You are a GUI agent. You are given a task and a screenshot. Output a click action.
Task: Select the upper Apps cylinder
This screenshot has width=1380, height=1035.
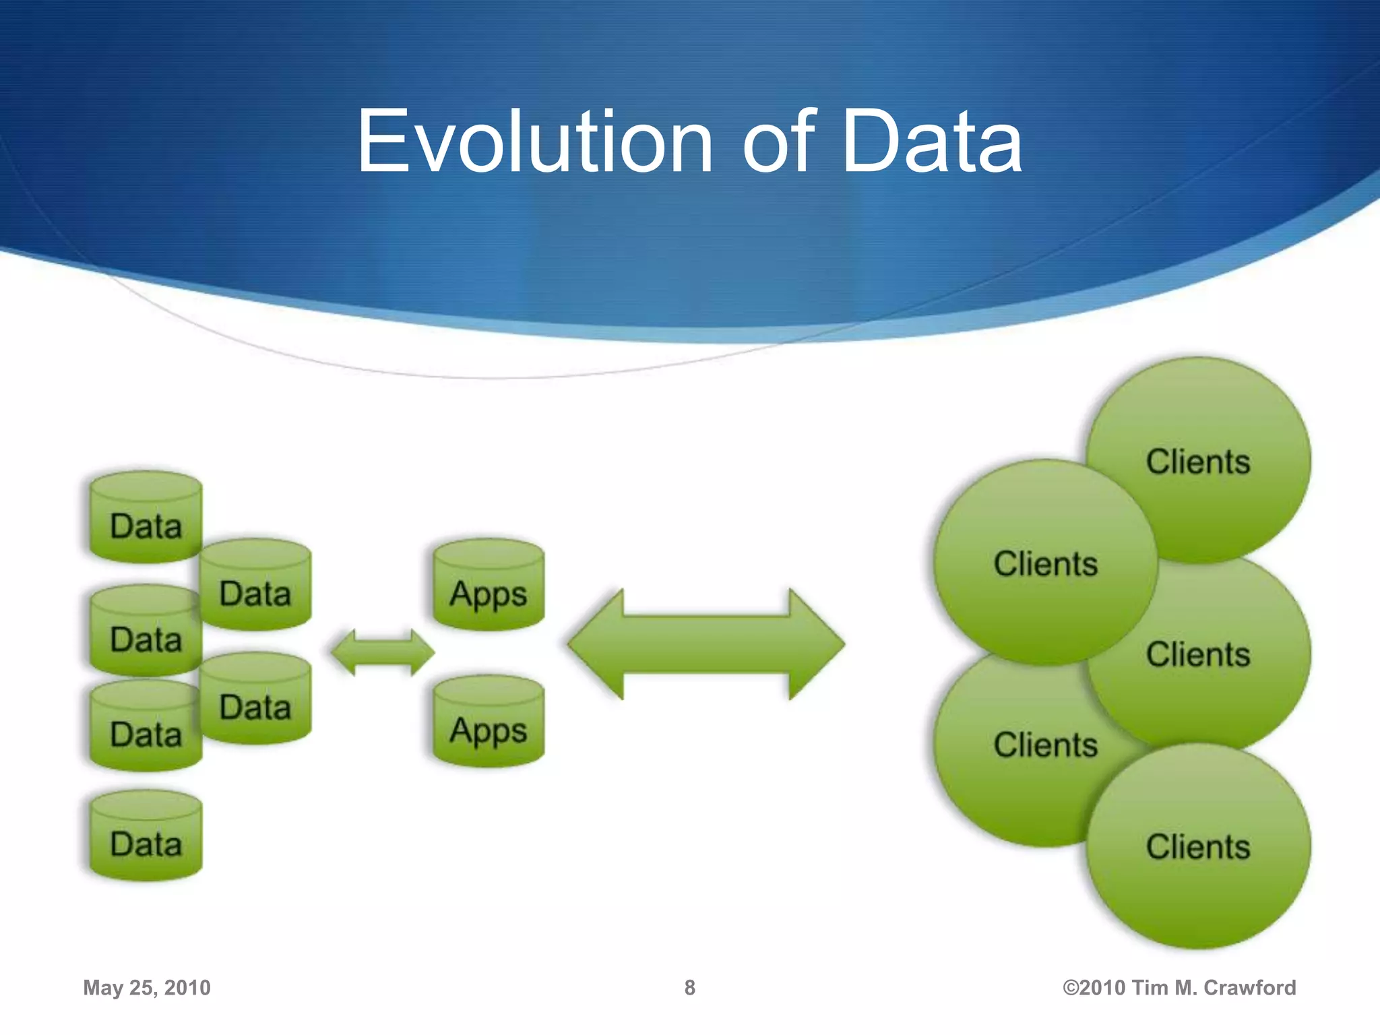click(x=489, y=585)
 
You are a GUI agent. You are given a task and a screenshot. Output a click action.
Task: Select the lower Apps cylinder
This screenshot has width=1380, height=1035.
click(x=489, y=722)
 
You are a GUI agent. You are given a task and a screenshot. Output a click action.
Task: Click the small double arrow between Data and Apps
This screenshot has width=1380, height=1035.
click(x=383, y=652)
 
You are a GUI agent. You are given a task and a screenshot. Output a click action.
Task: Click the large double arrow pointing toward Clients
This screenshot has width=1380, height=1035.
click(x=705, y=644)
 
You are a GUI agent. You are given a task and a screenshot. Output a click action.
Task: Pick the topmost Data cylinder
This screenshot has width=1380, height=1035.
click(x=146, y=517)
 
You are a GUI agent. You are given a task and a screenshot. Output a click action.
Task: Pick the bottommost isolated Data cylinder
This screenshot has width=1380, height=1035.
click(x=146, y=836)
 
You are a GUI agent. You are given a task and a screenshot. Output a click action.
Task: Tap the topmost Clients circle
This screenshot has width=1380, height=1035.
click(x=1198, y=461)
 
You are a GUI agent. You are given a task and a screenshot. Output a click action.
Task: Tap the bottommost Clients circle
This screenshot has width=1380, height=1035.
click(x=1198, y=847)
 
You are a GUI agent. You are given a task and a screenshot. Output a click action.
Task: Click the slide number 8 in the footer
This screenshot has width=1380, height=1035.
click(x=689, y=988)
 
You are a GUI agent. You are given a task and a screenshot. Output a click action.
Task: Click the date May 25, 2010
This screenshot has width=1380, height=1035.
click(x=147, y=988)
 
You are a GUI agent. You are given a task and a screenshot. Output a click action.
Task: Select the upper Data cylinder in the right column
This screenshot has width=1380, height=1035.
click(x=255, y=585)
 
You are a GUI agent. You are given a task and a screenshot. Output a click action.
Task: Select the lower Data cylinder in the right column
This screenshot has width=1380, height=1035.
click(x=255, y=699)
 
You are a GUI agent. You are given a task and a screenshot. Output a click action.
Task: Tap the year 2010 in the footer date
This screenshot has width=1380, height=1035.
click(x=187, y=988)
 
